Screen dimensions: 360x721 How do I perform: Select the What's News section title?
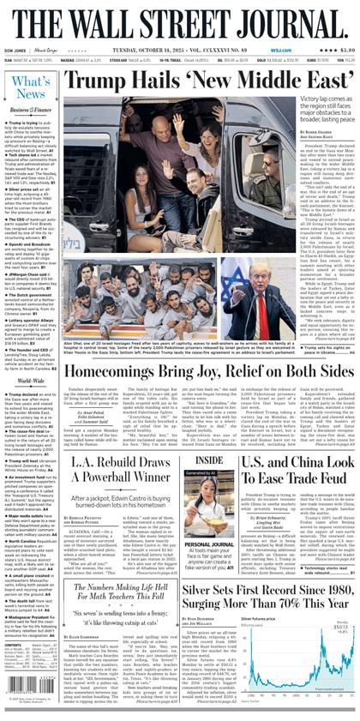[x=31, y=87]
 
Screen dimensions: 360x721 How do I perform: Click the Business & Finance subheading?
[x=31, y=110]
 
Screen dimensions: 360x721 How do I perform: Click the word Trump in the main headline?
[x=96, y=82]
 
